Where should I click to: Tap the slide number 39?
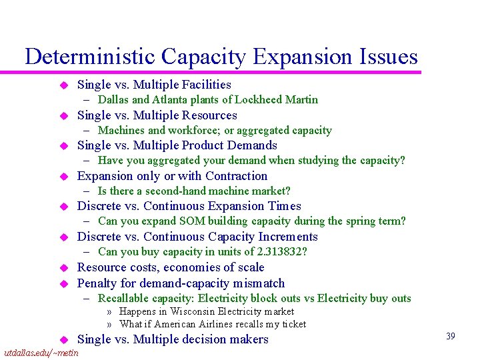coord(451,336)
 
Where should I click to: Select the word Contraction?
coord(235,176)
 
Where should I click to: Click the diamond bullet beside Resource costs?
coord(65,268)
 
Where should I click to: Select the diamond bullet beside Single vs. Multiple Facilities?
coord(65,85)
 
